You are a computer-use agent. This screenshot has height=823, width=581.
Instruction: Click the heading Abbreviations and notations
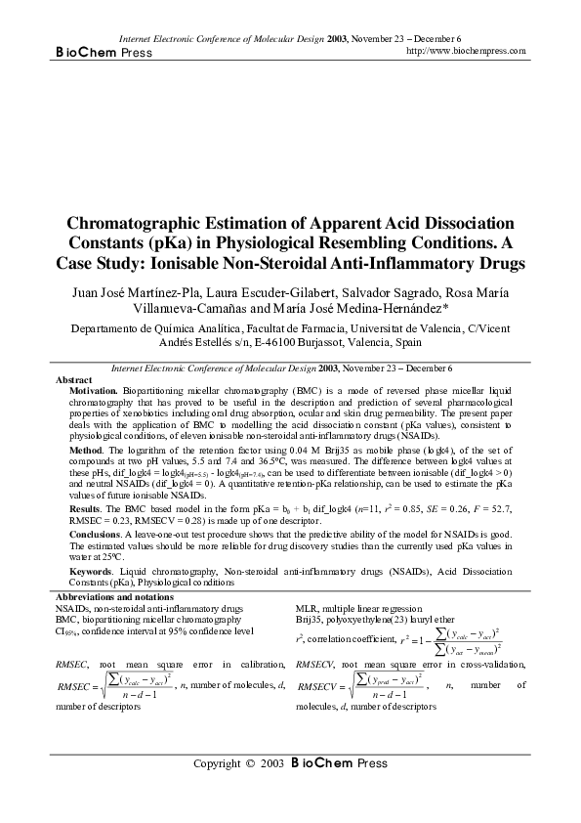coord(115,596)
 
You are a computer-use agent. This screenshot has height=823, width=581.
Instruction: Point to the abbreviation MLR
coord(308,608)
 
